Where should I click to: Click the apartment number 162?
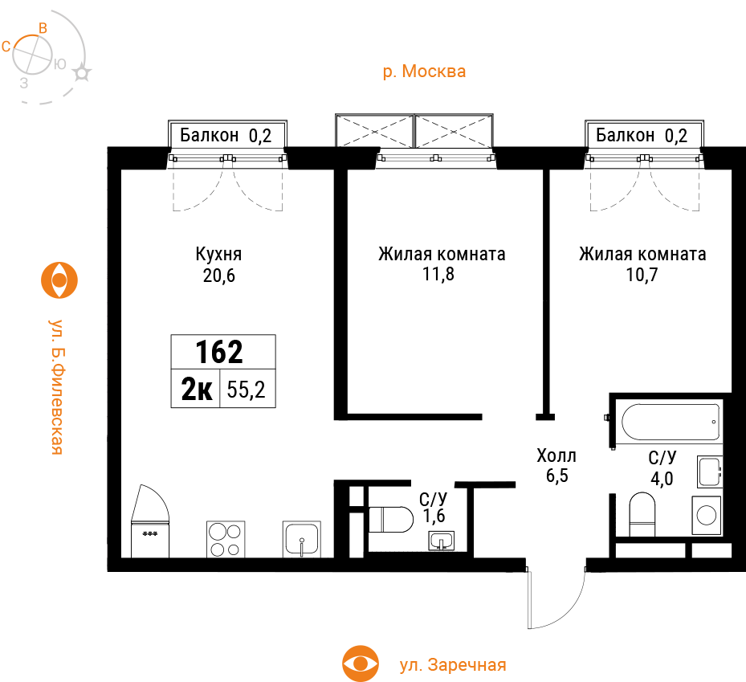(x=219, y=352)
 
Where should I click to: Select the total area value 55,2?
(x=246, y=390)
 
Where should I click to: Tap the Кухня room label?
(x=218, y=254)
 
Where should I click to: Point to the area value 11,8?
(x=438, y=275)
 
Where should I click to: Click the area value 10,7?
(x=642, y=275)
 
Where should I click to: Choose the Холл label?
(x=556, y=456)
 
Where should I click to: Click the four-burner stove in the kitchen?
(x=226, y=539)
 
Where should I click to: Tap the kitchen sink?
(x=302, y=539)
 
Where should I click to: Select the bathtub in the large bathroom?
(x=671, y=423)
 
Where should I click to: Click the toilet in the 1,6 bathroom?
(x=390, y=519)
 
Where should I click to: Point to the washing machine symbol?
(x=706, y=516)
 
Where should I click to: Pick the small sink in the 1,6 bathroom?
(x=442, y=541)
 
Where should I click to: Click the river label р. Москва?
(x=424, y=71)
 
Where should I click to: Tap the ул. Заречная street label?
(x=453, y=664)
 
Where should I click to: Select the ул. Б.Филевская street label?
(x=57, y=386)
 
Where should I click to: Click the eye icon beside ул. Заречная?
(x=361, y=664)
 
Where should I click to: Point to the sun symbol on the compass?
(x=81, y=73)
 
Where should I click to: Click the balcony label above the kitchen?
(x=226, y=136)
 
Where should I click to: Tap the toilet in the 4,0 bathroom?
(x=642, y=514)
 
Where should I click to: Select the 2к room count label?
(x=197, y=390)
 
